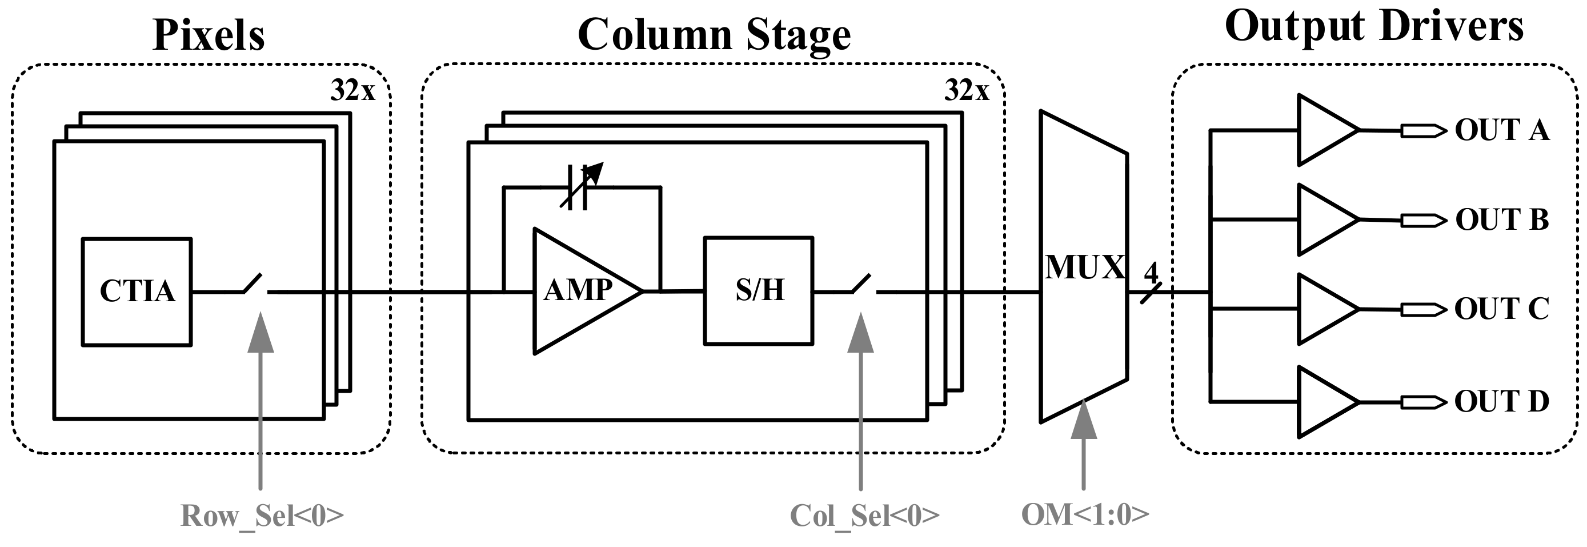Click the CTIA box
pyautogui.click(x=137, y=292)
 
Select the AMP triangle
pyautogui.click(x=579, y=291)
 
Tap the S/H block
pyautogui.click(x=759, y=291)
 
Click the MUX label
pyautogui.click(x=1085, y=267)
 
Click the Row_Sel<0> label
pyautogui.click(x=262, y=516)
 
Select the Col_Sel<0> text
pyautogui.click(x=864, y=516)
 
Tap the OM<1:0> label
pyautogui.click(x=1085, y=514)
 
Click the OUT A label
pyautogui.click(x=1501, y=130)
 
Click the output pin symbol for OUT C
pyautogui.click(x=1423, y=309)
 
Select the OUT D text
pyautogui.click(x=1501, y=401)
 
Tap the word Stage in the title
pyautogui.click(x=799, y=35)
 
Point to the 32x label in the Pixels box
pyautogui.click(x=352, y=91)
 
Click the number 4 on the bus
pyautogui.click(x=1151, y=272)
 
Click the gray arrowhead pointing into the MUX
pyautogui.click(x=1084, y=420)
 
